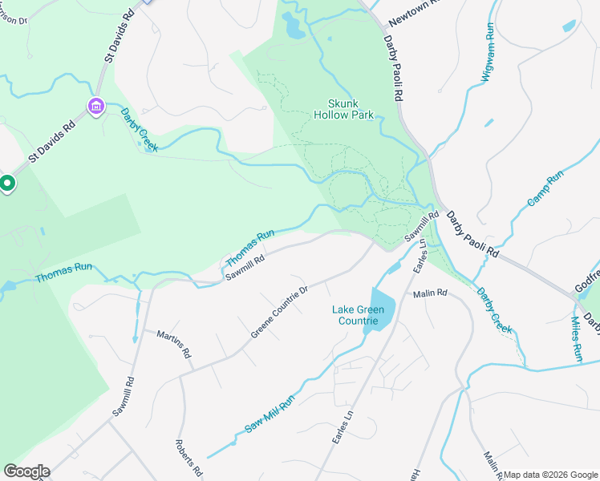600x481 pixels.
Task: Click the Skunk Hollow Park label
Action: tap(351, 109)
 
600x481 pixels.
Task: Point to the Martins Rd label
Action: tap(174, 343)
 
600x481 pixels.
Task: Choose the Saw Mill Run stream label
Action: tap(270, 414)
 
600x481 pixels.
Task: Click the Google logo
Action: tap(26, 471)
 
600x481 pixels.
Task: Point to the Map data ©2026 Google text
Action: tap(550, 475)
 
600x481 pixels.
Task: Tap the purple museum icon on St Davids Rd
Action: tap(95, 106)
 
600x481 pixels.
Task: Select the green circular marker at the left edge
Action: tap(7, 184)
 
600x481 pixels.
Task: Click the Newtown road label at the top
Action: tap(415, 14)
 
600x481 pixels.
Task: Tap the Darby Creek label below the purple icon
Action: tap(140, 129)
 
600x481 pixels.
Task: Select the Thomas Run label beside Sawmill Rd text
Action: tap(250, 249)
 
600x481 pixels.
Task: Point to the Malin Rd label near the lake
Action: tap(430, 294)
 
